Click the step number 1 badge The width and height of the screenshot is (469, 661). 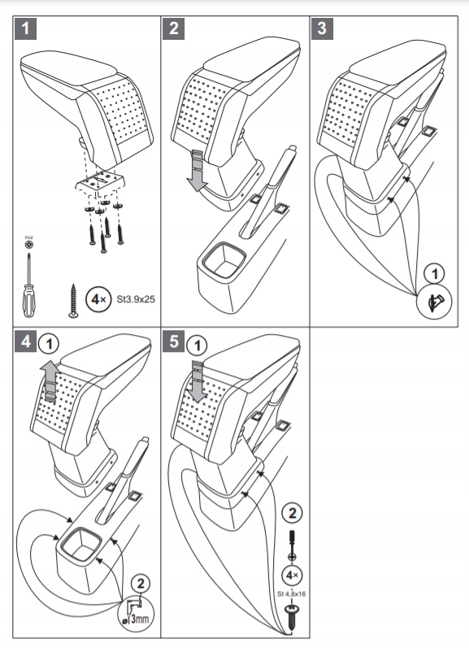25,28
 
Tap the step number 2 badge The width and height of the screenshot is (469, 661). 174,28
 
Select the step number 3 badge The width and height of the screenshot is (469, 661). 323,28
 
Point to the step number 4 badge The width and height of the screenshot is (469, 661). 25,341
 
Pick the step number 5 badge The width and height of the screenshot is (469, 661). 174,341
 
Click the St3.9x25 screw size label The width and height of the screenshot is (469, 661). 136,299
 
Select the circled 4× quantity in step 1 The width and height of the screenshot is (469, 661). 98,299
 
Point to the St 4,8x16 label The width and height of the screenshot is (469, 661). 291,594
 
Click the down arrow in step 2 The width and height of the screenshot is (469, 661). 197,170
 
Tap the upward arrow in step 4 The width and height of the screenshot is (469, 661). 50,382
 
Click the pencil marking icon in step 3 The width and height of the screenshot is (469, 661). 433,302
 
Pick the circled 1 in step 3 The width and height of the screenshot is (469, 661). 434,274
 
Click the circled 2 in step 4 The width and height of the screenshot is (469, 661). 141,584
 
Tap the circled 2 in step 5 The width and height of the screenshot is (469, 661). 292,512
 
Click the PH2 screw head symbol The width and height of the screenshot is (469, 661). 28,245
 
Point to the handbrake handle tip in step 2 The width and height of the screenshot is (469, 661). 291,150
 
